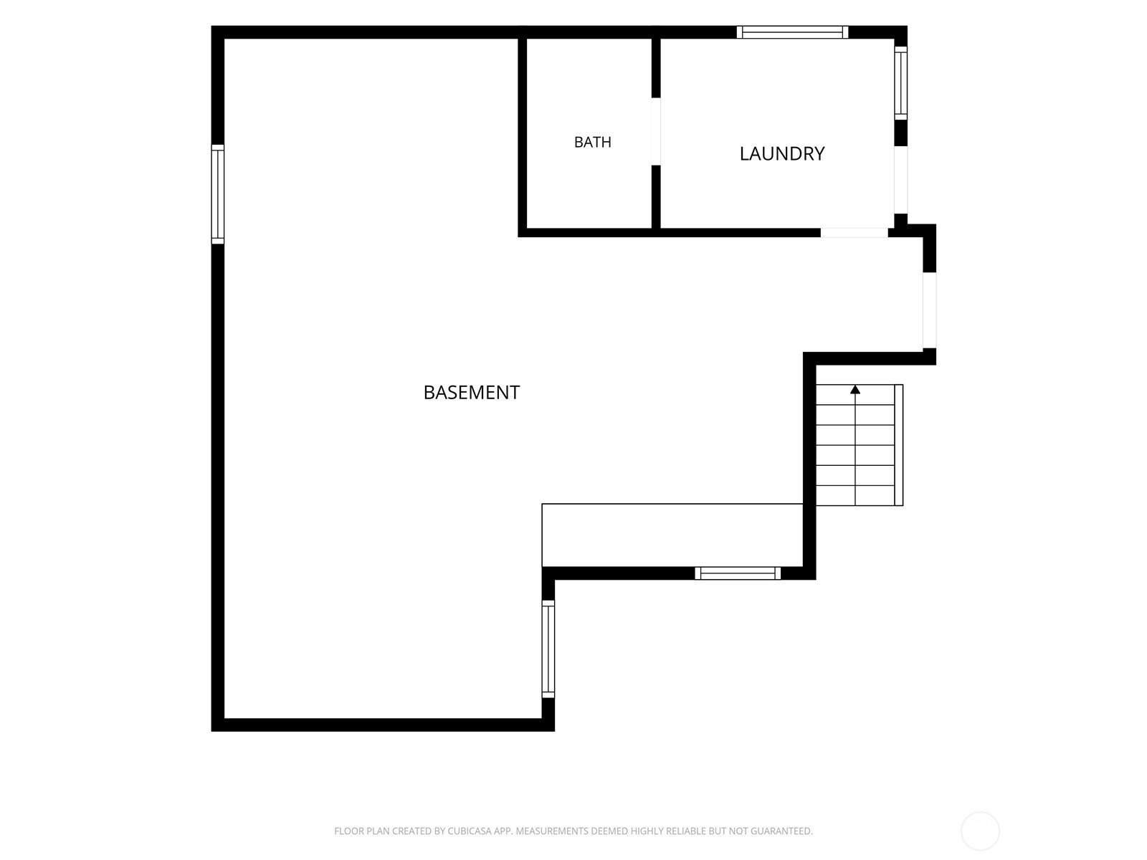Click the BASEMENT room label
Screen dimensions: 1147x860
coord(471,393)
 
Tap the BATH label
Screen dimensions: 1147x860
coord(592,142)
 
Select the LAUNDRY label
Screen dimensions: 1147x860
coord(781,153)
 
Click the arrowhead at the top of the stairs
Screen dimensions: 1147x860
coord(855,390)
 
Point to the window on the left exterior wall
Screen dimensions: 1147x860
coord(217,194)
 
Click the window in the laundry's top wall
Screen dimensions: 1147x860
coord(792,32)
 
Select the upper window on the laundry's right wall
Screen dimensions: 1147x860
coord(900,83)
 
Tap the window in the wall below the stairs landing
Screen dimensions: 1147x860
coord(738,573)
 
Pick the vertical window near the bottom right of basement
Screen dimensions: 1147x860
coord(548,649)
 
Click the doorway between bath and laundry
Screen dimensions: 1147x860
coord(656,132)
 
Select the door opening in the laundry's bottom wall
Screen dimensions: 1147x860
coord(854,233)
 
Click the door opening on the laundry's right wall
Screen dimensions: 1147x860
coord(900,180)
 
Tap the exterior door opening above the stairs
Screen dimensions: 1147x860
coord(929,310)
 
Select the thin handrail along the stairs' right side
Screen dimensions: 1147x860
coord(899,445)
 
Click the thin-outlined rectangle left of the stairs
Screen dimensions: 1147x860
coord(672,535)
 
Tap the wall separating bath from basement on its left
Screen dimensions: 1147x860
coord(522,133)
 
